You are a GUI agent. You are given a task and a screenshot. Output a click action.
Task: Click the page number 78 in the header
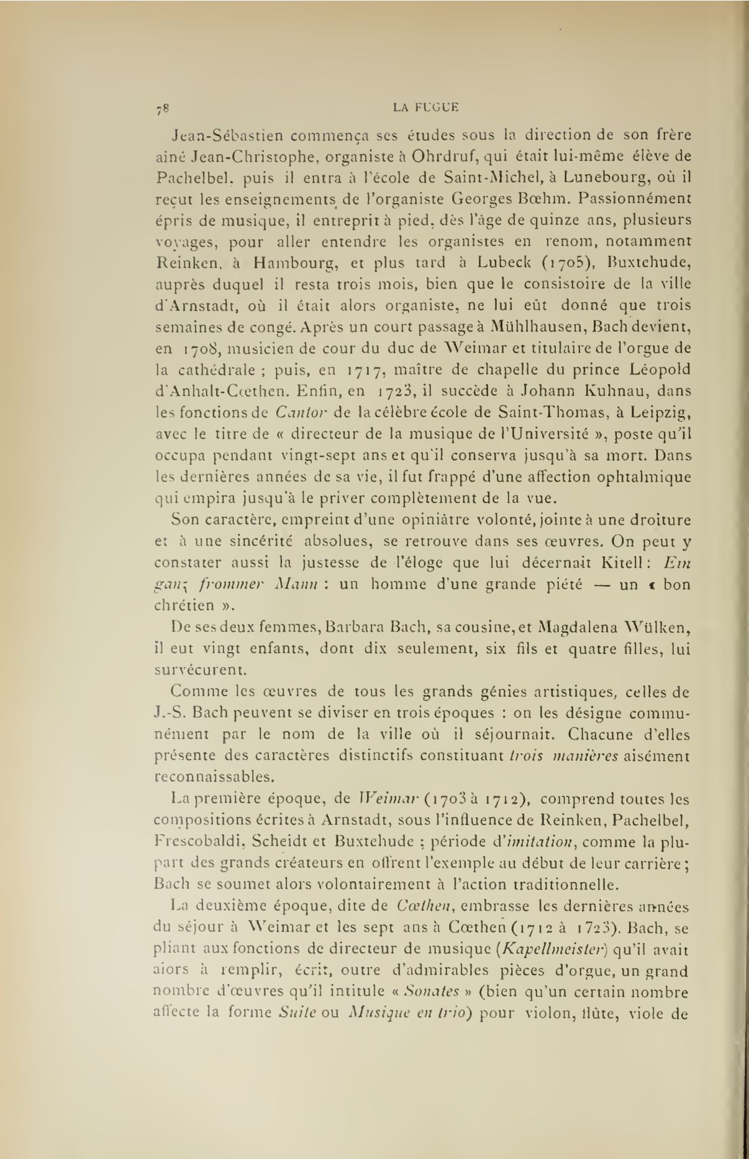164,109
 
